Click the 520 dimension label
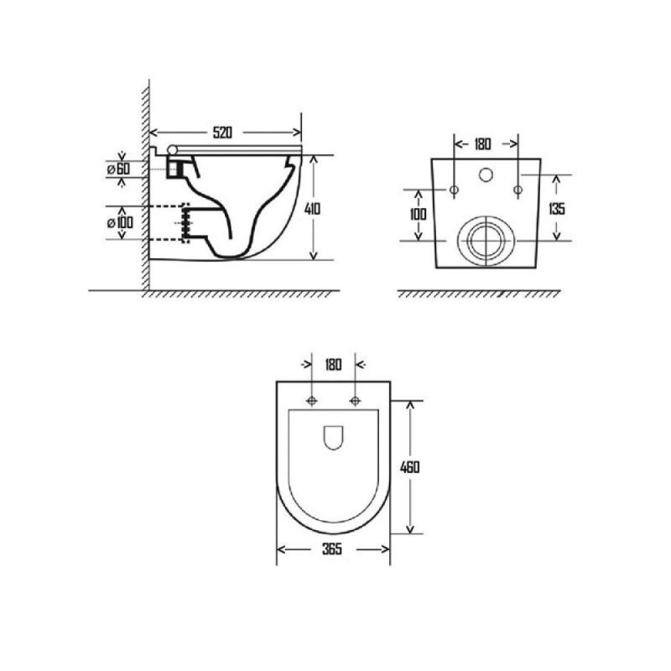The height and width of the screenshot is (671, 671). click(222, 133)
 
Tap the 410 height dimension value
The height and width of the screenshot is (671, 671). click(312, 209)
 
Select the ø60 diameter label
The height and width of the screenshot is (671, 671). click(118, 169)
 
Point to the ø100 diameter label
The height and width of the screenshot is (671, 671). click(120, 222)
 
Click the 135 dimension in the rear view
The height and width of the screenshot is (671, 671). click(557, 208)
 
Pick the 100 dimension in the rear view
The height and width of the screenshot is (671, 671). click(418, 214)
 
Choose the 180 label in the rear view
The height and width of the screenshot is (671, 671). click(482, 144)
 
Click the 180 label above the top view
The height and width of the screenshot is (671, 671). click(333, 365)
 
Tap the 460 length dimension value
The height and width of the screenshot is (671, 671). click(409, 467)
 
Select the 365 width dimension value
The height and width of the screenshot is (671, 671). click(332, 549)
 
